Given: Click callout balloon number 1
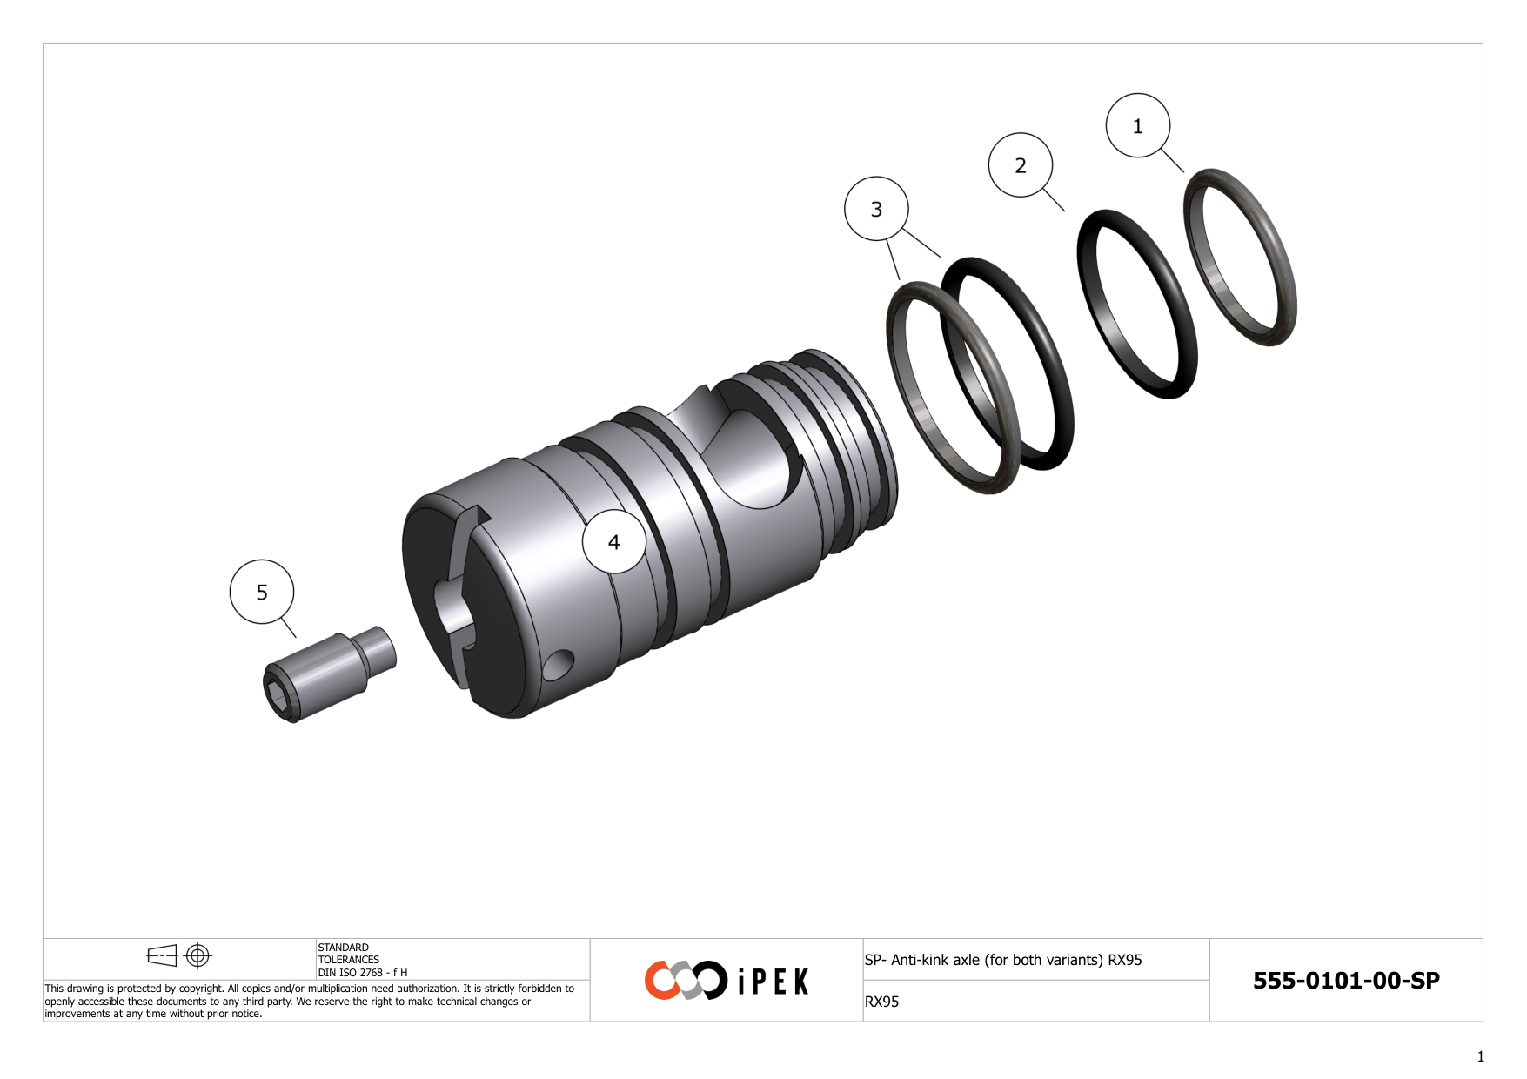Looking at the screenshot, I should click(x=1137, y=126).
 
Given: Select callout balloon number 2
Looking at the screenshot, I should click(x=1020, y=165).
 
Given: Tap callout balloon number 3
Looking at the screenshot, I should click(x=876, y=209).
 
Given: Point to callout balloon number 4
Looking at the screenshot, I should click(x=613, y=542).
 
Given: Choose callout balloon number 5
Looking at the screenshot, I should click(x=262, y=592).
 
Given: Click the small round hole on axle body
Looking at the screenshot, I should click(x=559, y=665).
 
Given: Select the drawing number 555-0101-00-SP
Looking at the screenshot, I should click(x=1345, y=980).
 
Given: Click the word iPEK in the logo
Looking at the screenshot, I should click(x=773, y=982).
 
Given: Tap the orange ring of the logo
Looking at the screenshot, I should click(x=661, y=980).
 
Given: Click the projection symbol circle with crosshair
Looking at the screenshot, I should click(x=198, y=955).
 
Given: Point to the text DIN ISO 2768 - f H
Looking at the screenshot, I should click(x=362, y=973).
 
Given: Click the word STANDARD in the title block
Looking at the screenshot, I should click(x=343, y=948).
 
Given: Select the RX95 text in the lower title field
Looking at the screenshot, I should click(x=881, y=1002).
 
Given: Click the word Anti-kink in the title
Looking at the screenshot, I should click(x=921, y=960).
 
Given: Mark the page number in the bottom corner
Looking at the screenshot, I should click(x=1480, y=1056).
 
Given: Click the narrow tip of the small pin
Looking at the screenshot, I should click(x=383, y=648).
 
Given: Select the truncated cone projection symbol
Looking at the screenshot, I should click(x=162, y=955).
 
